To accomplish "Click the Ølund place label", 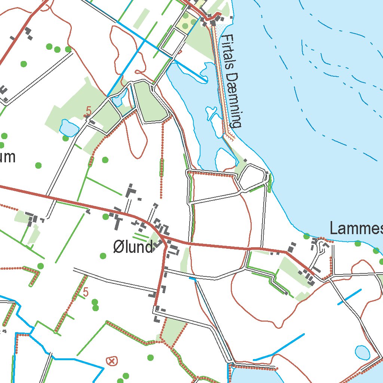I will tap(133, 247).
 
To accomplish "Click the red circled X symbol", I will tap(111, 361).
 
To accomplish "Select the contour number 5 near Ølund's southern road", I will tap(86, 292).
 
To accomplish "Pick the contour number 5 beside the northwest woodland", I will tap(89, 111).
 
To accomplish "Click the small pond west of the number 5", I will tap(68, 128).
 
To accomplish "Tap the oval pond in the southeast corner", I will tap(362, 352).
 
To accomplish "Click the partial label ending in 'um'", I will tap(7, 157).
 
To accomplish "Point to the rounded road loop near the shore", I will tap(252, 177).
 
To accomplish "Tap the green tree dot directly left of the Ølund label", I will tap(103, 255).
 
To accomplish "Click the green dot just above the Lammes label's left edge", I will tap(307, 236).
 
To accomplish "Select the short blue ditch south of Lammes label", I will tap(349, 297).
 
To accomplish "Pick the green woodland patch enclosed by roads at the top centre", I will tap(150, 103).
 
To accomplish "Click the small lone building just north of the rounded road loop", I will tap(245, 160).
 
